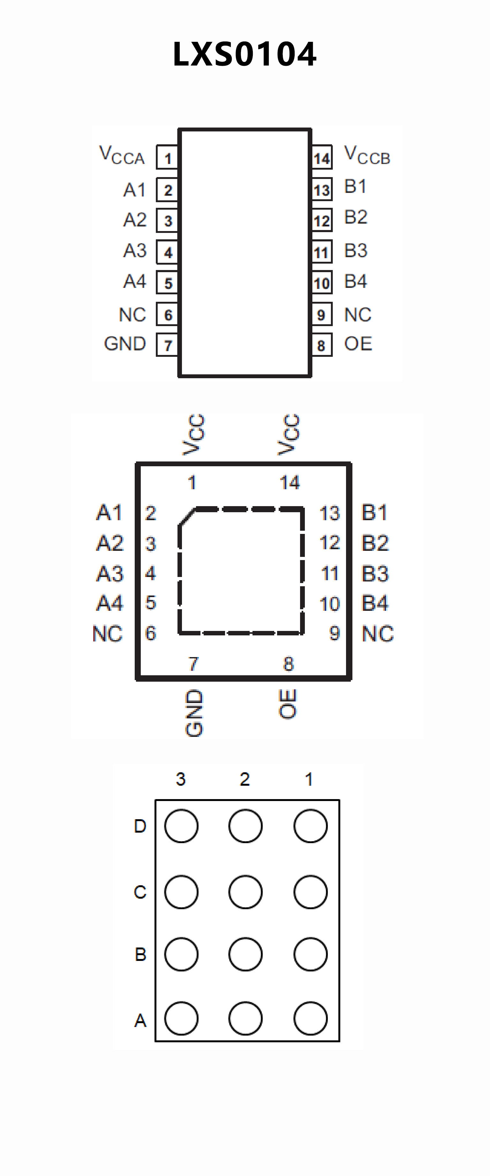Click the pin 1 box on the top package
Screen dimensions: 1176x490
point(167,158)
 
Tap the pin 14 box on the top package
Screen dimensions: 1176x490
point(321,158)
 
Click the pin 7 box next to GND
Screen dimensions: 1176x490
point(167,345)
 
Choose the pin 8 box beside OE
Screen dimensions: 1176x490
point(321,345)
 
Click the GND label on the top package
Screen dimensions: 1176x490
point(125,344)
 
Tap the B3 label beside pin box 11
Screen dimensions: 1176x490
point(356,251)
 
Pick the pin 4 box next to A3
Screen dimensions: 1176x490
point(167,252)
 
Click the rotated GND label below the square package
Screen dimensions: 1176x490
point(194,713)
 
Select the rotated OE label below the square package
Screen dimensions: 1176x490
point(288,703)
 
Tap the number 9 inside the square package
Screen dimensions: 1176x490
point(335,633)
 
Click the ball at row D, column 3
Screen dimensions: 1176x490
point(181,826)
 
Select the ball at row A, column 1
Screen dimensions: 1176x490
point(311,1018)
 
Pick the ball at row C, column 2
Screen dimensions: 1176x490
point(246,892)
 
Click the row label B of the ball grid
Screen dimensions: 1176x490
point(140,955)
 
